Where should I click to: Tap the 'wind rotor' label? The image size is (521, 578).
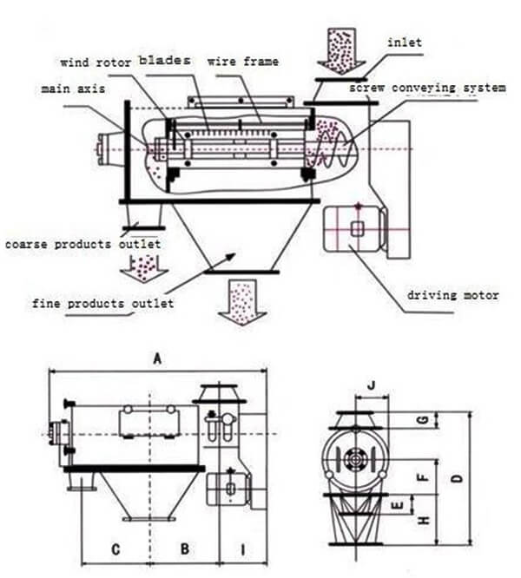[x=94, y=62]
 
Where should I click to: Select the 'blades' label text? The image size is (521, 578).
[x=167, y=62]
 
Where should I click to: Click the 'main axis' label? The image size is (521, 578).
[x=66, y=89]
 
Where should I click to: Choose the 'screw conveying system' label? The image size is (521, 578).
[x=426, y=88]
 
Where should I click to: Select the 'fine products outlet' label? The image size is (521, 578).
[x=102, y=303]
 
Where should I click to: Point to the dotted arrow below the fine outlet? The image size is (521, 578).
[x=240, y=301]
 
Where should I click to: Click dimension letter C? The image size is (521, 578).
[x=115, y=548]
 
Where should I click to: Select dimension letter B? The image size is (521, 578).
[x=184, y=548]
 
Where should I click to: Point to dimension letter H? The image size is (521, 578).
[x=423, y=521]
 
